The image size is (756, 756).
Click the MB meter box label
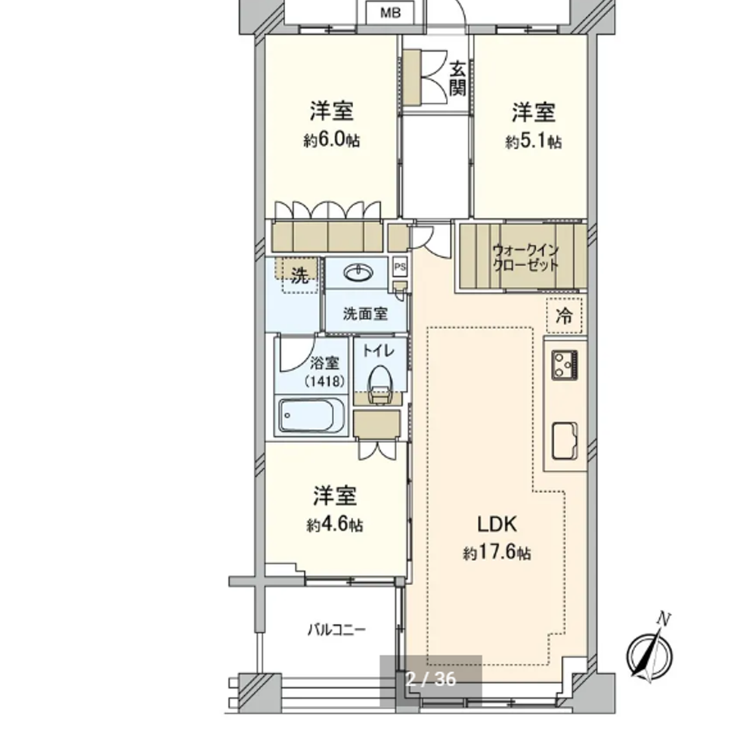390,13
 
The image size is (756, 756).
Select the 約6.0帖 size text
331,141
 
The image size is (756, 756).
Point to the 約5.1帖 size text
533,141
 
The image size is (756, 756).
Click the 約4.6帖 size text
335,525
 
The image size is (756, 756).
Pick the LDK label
497,524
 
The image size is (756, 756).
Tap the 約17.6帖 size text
497,552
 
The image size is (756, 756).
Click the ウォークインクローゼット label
525,258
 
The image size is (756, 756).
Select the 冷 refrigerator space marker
564,316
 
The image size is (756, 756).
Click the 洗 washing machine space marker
299,276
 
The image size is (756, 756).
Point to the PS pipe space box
400,267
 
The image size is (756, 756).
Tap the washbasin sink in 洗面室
358,273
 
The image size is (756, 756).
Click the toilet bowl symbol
380,385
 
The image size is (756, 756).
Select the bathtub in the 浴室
311,415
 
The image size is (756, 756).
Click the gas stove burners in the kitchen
565,364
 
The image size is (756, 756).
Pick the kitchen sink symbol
565,441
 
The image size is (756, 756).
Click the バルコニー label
336,630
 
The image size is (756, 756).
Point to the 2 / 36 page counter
431,679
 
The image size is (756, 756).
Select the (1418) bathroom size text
324,382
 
